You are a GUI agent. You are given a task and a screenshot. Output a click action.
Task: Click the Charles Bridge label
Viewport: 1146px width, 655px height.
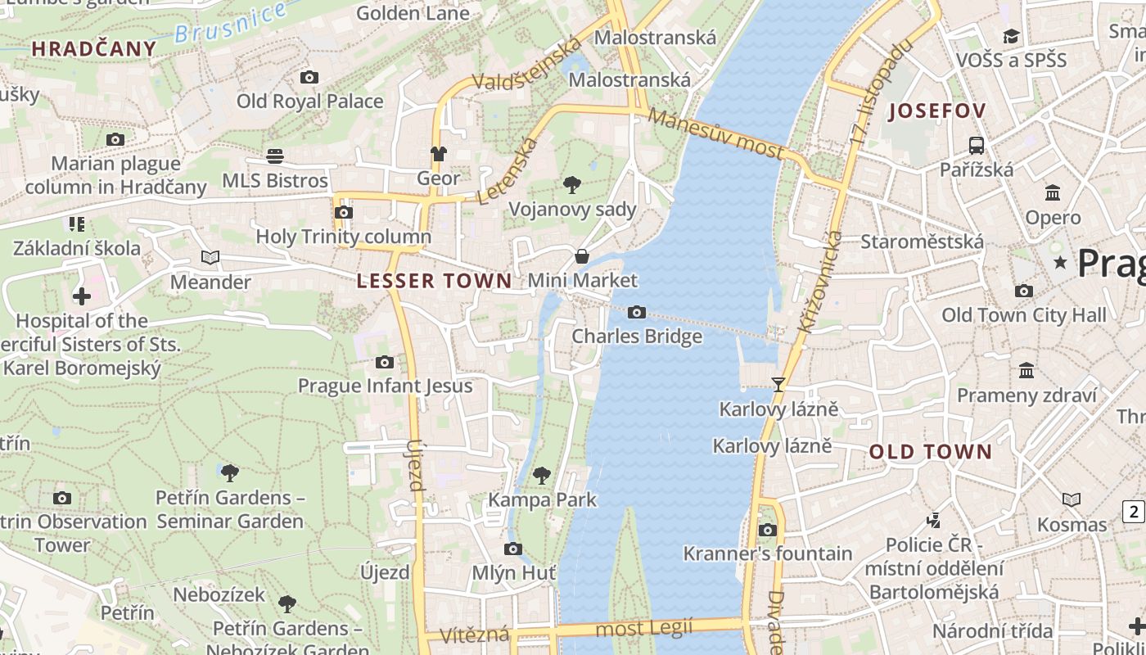coord(637,337)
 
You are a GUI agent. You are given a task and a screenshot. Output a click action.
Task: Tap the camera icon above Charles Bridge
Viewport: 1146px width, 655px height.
coord(637,312)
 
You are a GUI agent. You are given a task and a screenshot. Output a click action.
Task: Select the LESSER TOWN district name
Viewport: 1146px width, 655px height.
coord(434,281)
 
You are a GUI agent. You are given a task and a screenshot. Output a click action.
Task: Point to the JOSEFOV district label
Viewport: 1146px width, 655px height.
coord(936,111)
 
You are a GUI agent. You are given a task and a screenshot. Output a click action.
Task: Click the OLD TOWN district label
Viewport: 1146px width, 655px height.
coord(930,452)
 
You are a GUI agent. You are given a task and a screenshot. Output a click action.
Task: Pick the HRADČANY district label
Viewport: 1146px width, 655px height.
coord(94,49)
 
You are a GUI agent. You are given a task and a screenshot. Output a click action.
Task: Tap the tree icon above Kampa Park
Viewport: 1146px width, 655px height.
coord(541,475)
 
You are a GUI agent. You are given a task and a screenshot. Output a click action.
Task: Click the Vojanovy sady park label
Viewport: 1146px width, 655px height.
coord(572,210)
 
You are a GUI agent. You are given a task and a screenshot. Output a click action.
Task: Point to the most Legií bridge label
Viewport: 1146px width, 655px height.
coord(643,629)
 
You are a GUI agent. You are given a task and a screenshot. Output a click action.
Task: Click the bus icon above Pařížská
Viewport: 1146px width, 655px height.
coord(976,146)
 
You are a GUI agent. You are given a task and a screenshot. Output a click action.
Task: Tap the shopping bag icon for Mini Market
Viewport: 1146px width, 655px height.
coord(581,256)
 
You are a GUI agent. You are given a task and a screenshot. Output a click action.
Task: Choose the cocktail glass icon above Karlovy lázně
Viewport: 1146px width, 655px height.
coord(778,384)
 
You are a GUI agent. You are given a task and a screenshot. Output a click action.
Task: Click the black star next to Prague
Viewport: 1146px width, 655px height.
coord(1061,263)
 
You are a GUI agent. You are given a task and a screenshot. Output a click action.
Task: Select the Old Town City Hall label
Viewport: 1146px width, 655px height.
coord(1023,315)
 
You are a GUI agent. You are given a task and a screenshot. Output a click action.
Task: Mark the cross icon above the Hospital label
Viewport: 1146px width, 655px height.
coord(81,296)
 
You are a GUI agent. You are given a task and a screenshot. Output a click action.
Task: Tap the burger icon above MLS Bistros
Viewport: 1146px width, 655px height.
coord(275,156)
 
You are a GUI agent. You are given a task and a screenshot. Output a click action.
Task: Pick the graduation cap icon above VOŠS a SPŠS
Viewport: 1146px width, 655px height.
coord(1011,36)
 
